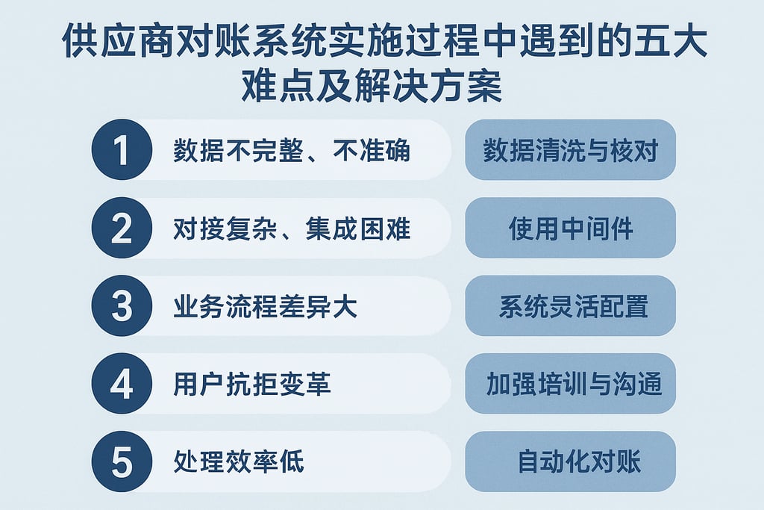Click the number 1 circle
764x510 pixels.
[121, 150]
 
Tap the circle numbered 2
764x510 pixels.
[121, 228]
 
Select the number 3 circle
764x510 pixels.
[121, 307]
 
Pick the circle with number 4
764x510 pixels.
[121, 384]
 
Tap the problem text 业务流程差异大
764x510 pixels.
[265, 307]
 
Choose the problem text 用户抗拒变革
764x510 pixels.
[252, 385]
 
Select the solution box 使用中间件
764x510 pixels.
[570, 228]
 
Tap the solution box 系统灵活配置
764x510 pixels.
[570, 307]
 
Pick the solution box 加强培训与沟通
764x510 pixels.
[570, 385]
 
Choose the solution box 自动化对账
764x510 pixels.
[570, 462]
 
